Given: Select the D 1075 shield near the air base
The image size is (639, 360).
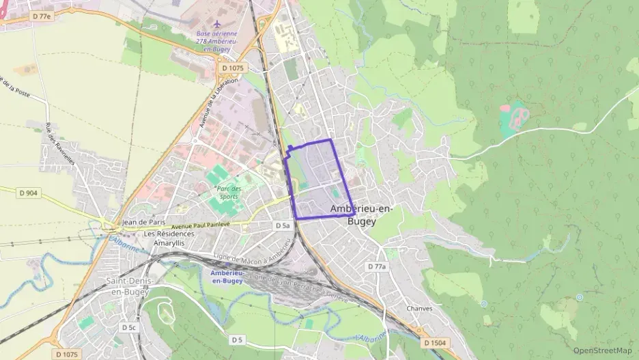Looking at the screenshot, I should (x=233, y=68).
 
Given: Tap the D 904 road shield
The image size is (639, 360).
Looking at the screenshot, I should (x=29, y=193).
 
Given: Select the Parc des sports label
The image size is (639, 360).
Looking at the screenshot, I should (x=228, y=193).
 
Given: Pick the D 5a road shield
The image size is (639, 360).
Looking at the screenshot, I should (x=283, y=225).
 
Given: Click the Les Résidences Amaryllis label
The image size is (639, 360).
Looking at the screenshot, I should (x=169, y=238).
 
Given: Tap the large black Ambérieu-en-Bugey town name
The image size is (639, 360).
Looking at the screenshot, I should (x=361, y=214).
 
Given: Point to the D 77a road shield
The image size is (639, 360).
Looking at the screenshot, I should (x=376, y=266).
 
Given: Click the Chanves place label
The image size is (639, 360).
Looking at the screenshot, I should (x=419, y=308).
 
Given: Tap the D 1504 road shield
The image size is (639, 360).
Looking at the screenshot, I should (x=434, y=343).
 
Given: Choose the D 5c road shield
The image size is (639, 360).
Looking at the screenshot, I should (x=129, y=328).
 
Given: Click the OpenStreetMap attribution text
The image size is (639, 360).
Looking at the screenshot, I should (x=602, y=350).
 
